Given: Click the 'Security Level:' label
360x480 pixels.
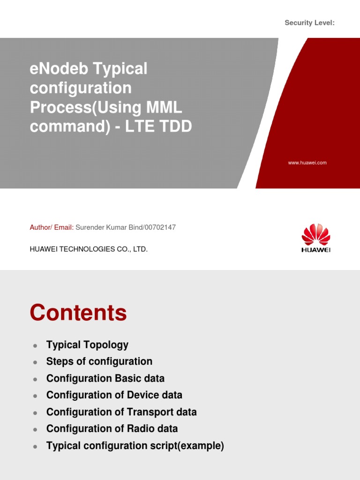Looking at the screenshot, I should click(x=309, y=23).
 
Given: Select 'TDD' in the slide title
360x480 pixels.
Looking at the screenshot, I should click(x=175, y=127).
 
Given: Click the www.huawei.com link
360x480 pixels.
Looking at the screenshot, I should click(x=307, y=163).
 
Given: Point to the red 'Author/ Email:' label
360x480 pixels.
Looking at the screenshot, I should click(x=52, y=227).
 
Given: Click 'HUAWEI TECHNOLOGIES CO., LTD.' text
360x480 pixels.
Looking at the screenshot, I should click(x=89, y=249).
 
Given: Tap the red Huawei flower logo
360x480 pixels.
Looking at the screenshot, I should click(x=316, y=234).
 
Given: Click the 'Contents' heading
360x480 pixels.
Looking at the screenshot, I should click(x=78, y=313).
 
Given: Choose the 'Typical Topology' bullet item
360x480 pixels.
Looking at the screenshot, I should click(x=87, y=345).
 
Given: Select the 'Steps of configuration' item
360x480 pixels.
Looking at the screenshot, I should click(x=99, y=361).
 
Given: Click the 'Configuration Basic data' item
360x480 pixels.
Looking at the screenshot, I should click(x=105, y=378).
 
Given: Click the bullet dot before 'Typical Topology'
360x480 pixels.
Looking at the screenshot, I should click(x=35, y=346).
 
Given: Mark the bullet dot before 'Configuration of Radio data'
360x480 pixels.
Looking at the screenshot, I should click(x=35, y=429).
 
